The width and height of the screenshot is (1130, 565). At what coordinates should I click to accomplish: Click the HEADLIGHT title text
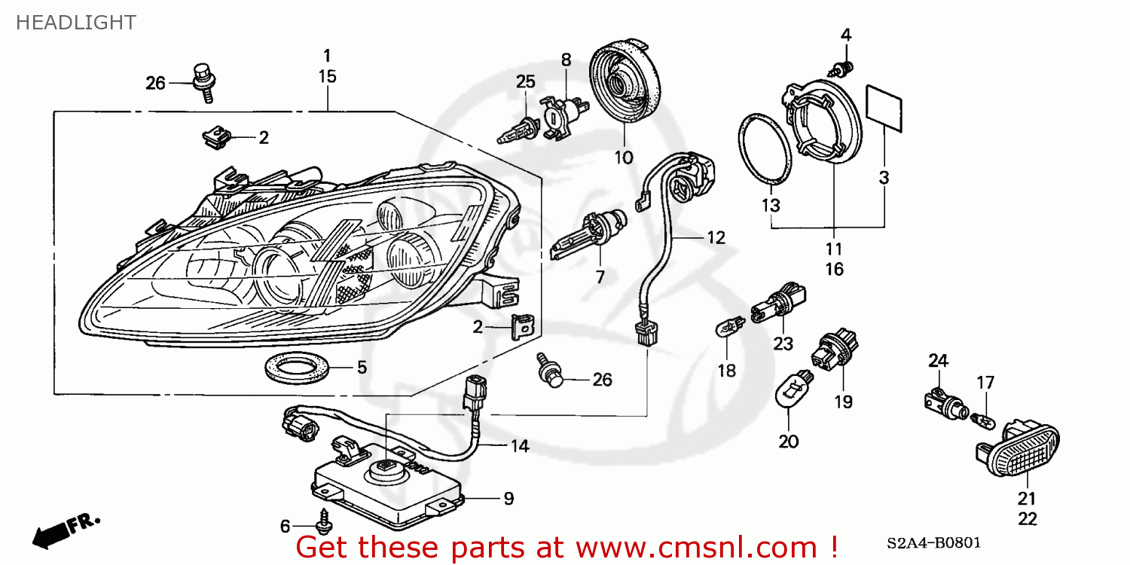point(75,23)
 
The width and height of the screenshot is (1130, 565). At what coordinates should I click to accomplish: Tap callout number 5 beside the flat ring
point(362,368)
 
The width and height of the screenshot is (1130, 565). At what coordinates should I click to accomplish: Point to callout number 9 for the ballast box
point(508,498)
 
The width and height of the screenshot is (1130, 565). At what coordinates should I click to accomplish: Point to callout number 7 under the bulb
point(600,277)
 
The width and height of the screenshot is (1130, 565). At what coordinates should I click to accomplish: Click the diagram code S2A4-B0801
point(933,542)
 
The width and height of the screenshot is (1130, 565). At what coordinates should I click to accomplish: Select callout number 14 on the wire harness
point(520,446)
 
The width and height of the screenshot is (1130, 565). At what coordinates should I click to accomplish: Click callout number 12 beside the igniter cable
point(715,238)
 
